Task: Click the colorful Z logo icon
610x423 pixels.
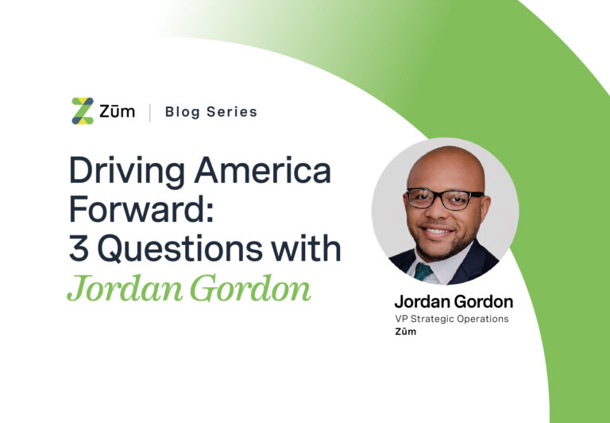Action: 83,111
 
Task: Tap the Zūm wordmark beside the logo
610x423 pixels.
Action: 117,111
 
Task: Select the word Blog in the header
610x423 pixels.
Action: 182,113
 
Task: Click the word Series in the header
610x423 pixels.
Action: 231,112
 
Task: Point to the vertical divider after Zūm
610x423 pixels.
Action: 150,112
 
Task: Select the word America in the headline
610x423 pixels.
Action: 263,170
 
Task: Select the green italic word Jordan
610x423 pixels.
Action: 125,289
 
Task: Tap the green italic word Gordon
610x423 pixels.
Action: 250,289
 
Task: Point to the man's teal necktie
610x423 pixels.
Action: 423,271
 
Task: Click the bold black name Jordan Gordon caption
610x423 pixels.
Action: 454,302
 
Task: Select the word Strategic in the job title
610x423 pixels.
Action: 432,319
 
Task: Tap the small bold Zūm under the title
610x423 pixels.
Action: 405,332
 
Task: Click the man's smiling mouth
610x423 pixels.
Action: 437,231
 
